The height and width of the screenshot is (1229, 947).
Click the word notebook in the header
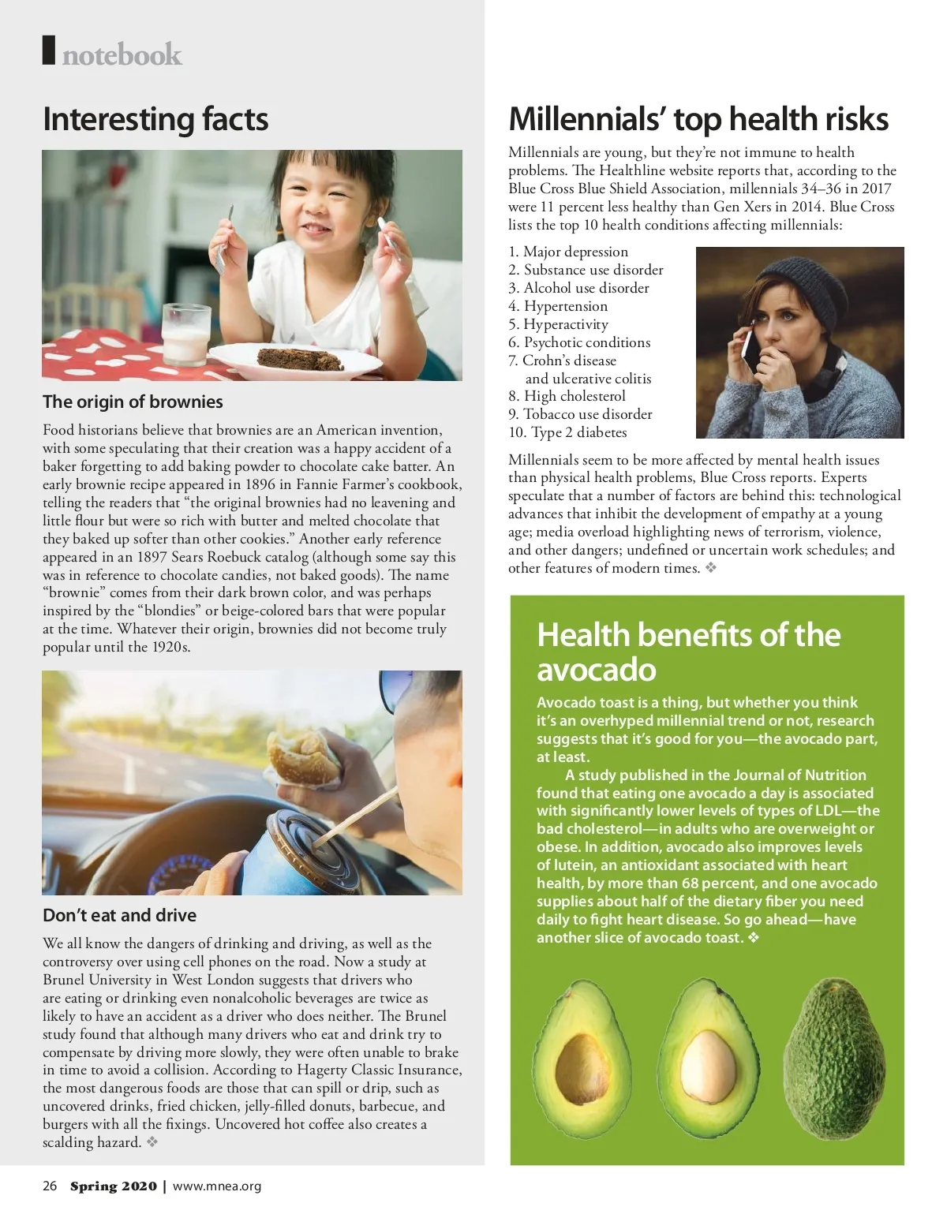click(x=122, y=54)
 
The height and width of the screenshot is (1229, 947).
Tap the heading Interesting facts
click(x=155, y=119)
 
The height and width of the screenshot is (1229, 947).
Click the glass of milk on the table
click(x=185, y=332)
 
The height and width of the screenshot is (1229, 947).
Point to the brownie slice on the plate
click(x=301, y=357)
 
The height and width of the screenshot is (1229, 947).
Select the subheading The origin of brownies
click(x=133, y=402)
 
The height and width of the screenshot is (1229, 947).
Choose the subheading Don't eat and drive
click(x=119, y=915)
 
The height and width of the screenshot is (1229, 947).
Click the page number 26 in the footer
click(x=50, y=1186)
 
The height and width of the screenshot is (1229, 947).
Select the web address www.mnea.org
click(x=216, y=1186)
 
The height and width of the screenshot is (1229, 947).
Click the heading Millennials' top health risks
click(x=698, y=119)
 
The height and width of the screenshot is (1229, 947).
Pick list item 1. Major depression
click(x=568, y=252)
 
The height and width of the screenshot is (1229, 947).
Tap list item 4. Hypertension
click(x=558, y=306)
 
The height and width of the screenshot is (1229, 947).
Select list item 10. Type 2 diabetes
click(x=567, y=432)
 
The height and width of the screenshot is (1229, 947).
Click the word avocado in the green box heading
click(x=597, y=670)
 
